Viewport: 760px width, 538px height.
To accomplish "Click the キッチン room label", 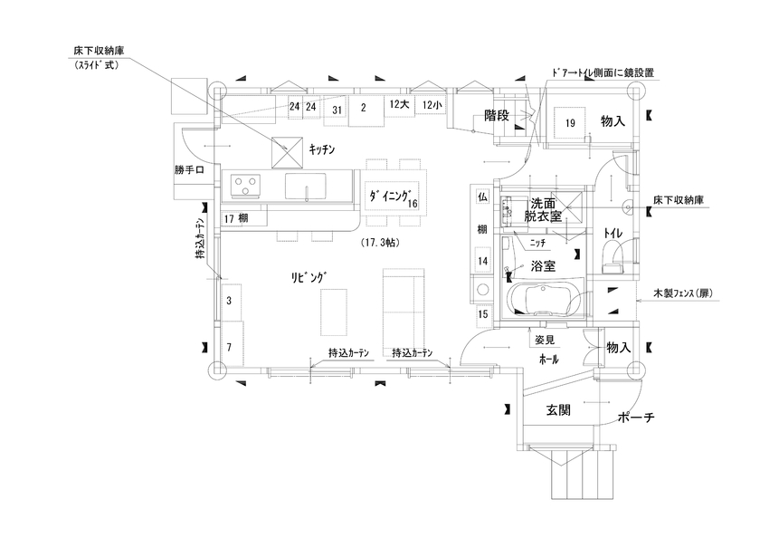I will coord(322,149).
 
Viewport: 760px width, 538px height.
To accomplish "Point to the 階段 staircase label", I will coord(498,115).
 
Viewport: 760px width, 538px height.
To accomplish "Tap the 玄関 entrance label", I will coord(558,409).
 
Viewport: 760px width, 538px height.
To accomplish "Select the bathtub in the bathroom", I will coord(543,299).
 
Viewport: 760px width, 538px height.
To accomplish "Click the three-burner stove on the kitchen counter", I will coord(246,187).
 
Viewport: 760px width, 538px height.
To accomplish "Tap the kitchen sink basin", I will coord(308,187).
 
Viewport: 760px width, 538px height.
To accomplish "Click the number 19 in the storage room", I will coord(571,122).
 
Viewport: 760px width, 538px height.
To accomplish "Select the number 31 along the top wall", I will coord(336,109).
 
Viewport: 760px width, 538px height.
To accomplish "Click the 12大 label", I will coord(399,106).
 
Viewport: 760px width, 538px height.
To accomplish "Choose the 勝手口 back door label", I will coord(192,169).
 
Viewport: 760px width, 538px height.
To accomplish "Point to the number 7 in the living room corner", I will coord(229,348).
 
